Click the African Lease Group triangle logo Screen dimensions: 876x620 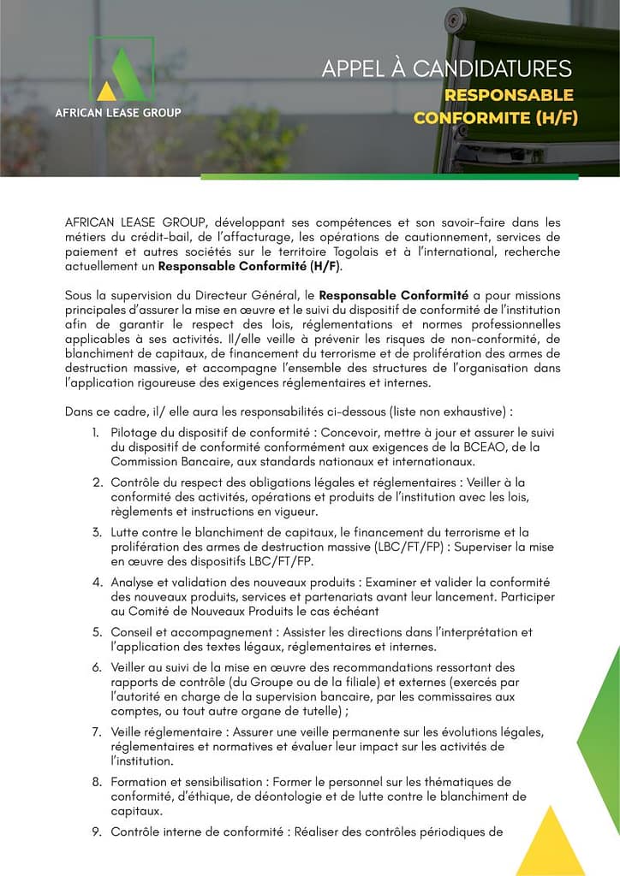[x=119, y=73]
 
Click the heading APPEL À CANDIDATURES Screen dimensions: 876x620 [x=446, y=68]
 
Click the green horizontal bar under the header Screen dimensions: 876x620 [x=389, y=177]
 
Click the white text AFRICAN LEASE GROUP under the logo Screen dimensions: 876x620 [x=118, y=112]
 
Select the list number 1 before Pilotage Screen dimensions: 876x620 [x=97, y=434]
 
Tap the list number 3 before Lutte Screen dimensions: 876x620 [x=97, y=533]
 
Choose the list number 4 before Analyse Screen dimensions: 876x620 [x=97, y=583]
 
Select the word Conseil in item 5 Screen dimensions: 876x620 [x=134, y=632]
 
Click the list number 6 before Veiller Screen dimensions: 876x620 [x=97, y=667]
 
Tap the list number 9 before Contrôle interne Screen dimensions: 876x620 [x=97, y=831]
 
